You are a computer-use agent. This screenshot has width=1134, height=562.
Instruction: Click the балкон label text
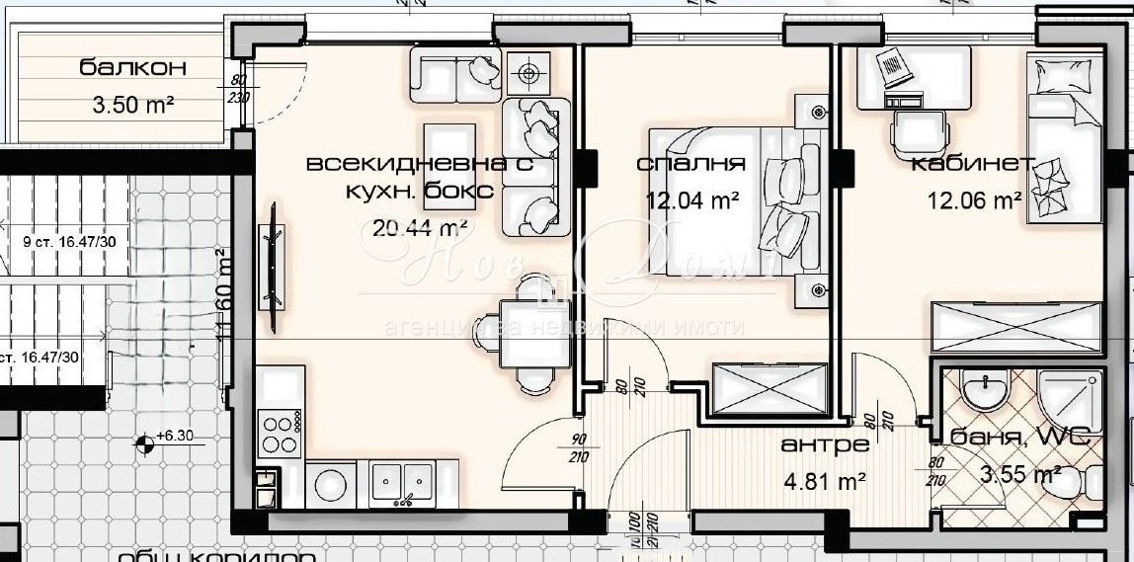click(x=133, y=68)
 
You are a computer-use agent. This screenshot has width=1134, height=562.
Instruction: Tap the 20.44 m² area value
click(x=420, y=229)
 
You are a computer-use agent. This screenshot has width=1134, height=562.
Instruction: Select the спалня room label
click(x=691, y=164)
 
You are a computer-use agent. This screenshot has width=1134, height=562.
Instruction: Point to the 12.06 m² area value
click(x=974, y=201)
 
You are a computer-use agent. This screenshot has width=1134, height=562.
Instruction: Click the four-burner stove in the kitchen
click(x=280, y=433)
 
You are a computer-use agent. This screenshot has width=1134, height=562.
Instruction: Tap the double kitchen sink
click(x=401, y=482)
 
